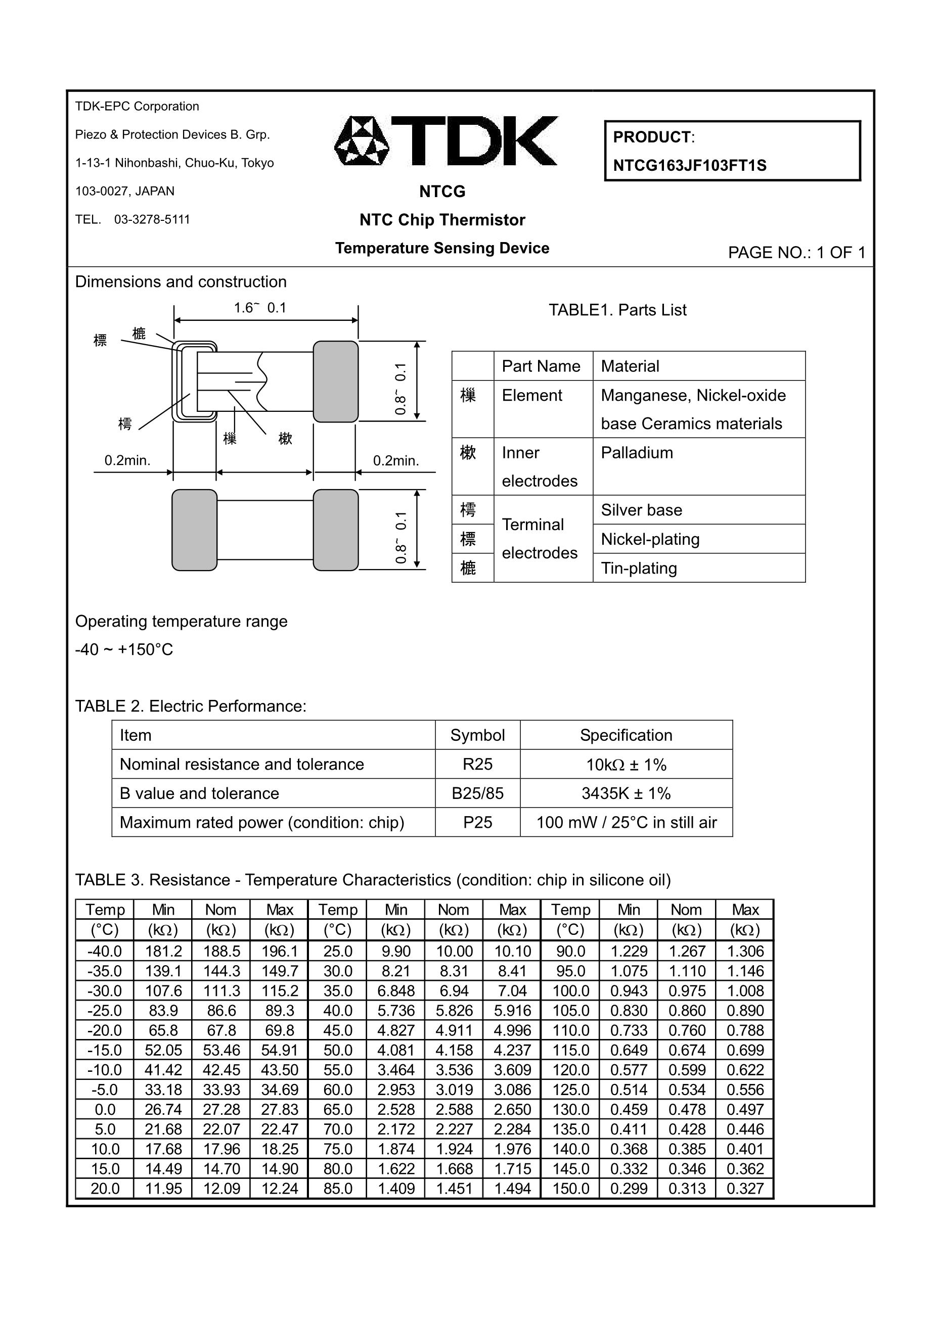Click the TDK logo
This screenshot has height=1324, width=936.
445,141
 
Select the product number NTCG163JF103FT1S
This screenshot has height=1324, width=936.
690,166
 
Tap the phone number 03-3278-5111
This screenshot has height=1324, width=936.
152,220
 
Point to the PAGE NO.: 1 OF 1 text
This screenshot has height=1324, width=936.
796,253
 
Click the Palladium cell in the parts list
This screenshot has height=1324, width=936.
637,453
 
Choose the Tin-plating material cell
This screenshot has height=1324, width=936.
639,569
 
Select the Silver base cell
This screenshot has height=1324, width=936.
641,510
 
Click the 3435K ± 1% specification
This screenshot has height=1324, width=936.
626,794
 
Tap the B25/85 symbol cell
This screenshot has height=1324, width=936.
477,794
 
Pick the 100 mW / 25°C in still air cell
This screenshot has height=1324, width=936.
626,823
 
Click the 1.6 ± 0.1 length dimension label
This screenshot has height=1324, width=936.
260,308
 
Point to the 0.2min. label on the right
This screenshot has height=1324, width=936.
396,461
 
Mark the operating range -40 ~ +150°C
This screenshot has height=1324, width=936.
124,650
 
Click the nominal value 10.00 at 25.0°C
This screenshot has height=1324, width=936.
454,952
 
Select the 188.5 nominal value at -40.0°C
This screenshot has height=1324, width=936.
221,952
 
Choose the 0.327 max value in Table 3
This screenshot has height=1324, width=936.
745,1189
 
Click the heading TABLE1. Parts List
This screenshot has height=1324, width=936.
617,310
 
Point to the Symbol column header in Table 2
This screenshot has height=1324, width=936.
477,736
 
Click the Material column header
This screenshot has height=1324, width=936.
630,366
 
